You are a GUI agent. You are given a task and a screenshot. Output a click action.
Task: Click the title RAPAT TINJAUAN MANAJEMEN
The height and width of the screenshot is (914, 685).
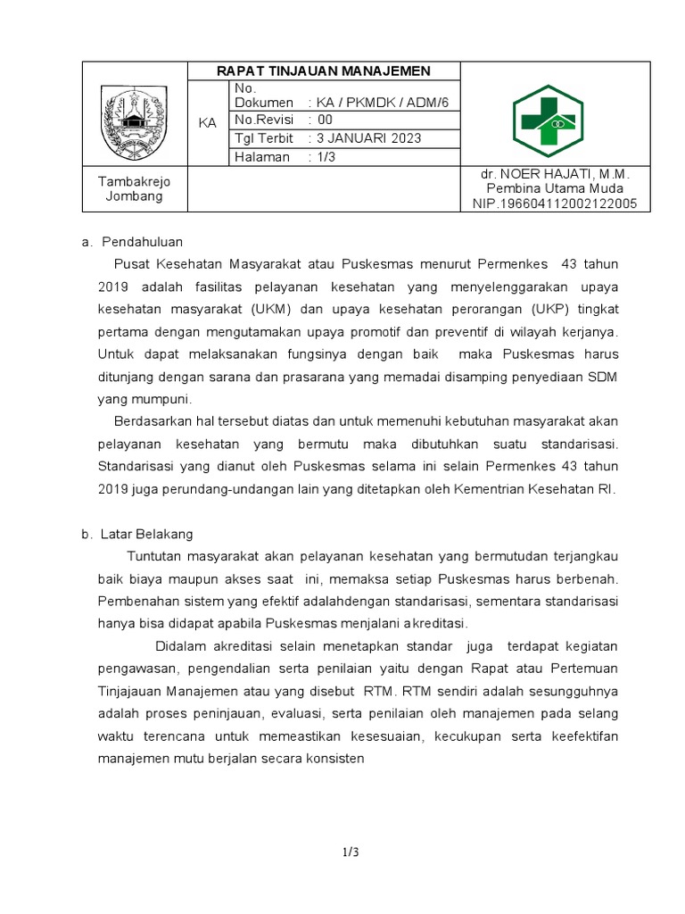click(325, 71)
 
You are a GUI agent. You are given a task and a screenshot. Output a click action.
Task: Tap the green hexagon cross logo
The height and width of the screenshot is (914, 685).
click(547, 121)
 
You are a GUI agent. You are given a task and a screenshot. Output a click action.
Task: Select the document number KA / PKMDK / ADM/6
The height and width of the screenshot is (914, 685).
click(377, 103)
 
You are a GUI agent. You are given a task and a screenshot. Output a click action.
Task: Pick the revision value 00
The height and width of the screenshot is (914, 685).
click(325, 120)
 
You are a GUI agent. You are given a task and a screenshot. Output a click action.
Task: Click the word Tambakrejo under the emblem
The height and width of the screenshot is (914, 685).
click(134, 181)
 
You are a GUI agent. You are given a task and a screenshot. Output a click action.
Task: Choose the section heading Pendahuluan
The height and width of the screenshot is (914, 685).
click(143, 241)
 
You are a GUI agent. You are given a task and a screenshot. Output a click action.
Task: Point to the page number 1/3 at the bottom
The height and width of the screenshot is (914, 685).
click(351, 852)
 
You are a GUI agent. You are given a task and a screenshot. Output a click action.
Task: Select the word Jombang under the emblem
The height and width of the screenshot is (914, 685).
click(134, 195)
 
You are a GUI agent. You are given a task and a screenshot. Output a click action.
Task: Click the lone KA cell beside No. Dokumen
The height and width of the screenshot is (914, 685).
click(208, 122)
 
